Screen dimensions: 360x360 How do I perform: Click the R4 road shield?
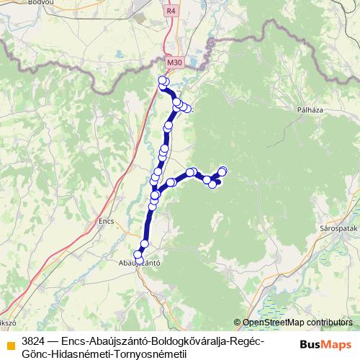[171, 11]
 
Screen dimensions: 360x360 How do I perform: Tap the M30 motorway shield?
[174, 63]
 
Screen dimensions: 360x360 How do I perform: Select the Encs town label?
[106, 222]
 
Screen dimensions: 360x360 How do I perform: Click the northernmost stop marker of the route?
[162, 80]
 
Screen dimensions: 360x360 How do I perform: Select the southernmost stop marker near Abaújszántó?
[139, 255]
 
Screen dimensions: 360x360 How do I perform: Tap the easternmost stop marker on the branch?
[222, 171]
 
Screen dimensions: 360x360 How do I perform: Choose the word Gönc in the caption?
[35, 354]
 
